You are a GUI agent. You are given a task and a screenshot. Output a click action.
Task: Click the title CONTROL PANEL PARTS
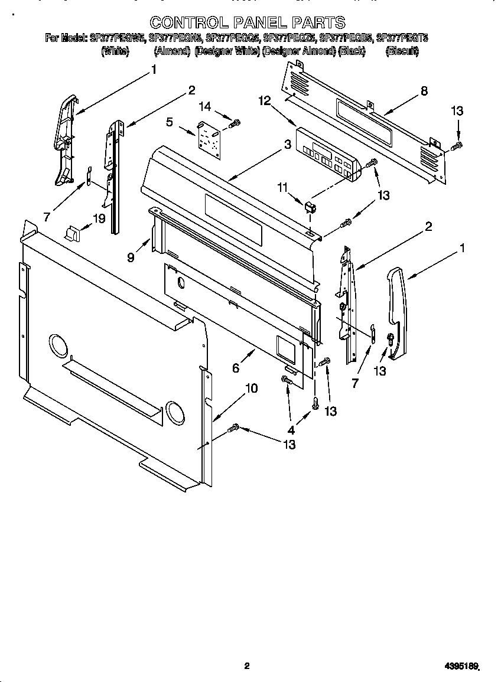pyautogui.click(x=247, y=22)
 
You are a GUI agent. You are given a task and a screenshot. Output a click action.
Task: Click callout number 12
pyautogui.click(x=264, y=101)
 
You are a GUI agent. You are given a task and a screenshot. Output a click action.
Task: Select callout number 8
pyautogui.click(x=424, y=91)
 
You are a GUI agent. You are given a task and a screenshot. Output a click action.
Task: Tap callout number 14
pyautogui.click(x=204, y=106)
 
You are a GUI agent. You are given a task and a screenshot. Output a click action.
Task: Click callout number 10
pyautogui.click(x=251, y=388)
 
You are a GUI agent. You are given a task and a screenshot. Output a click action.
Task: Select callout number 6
pyautogui.click(x=236, y=367)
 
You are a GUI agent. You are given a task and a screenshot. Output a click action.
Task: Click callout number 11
pyautogui.click(x=283, y=187)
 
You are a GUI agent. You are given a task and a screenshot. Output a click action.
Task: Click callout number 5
pyautogui.click(x=170, y=122)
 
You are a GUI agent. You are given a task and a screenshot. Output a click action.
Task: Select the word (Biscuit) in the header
pyautogui.click(x=402, y=51)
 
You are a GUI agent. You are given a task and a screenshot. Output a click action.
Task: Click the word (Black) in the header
pyautogui.click(x=351, y=51)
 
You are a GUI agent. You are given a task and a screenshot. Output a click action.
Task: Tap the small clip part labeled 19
pyautogui.click(x=71, y=234)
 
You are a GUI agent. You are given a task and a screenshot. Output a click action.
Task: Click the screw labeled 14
pyautogui.click(x=235, y=123)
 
